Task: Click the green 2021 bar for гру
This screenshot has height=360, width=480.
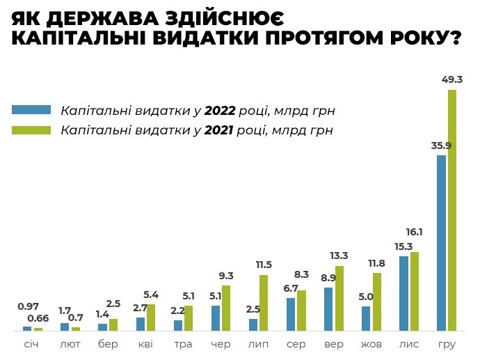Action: point(452,209)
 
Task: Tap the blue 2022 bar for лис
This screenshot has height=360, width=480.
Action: point(403,292)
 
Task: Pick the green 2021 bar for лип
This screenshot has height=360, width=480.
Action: point(264,302)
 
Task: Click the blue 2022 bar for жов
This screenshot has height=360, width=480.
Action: point(366,318)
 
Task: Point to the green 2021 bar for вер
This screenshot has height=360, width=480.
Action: point(339,297)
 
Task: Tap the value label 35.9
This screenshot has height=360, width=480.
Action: point(441,146)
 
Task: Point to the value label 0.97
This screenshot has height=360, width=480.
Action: point(27,306)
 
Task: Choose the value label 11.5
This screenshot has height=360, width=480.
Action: point(264,265)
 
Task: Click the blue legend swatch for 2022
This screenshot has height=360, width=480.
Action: point(31,109)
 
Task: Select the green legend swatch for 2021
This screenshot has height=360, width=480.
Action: point(31,130)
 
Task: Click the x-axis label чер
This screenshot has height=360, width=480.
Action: point(221,343)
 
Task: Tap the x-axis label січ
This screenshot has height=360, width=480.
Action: point(32,343)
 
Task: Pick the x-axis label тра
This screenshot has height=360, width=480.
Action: point(183,343)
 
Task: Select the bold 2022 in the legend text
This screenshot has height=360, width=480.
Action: point(220,110)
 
